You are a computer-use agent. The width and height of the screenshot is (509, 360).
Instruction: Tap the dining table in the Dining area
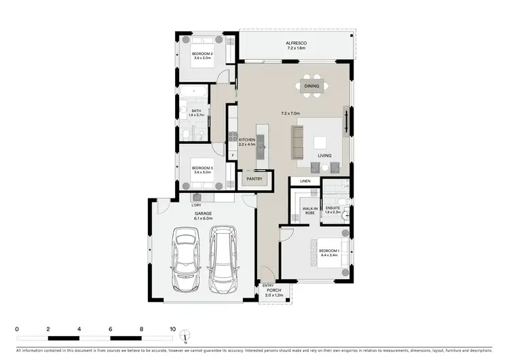(x=312, y=86)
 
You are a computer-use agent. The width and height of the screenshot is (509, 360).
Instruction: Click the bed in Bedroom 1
(x=329, y=257)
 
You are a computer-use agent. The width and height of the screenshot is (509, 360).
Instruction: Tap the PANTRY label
(x=254, y=179)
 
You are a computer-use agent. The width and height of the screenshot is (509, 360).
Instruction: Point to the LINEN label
(x=305, y=181)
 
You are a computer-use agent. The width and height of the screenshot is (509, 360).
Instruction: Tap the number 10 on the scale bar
(x=172, y=328)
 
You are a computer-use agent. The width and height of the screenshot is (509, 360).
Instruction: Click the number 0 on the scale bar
(x=17, y=328)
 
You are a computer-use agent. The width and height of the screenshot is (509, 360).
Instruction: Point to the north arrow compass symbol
(x=184, y=336)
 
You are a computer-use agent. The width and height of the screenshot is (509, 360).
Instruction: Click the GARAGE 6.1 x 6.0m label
(x=204, y=216)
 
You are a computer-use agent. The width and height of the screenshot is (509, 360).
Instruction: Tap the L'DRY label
(x=197, y=205)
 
